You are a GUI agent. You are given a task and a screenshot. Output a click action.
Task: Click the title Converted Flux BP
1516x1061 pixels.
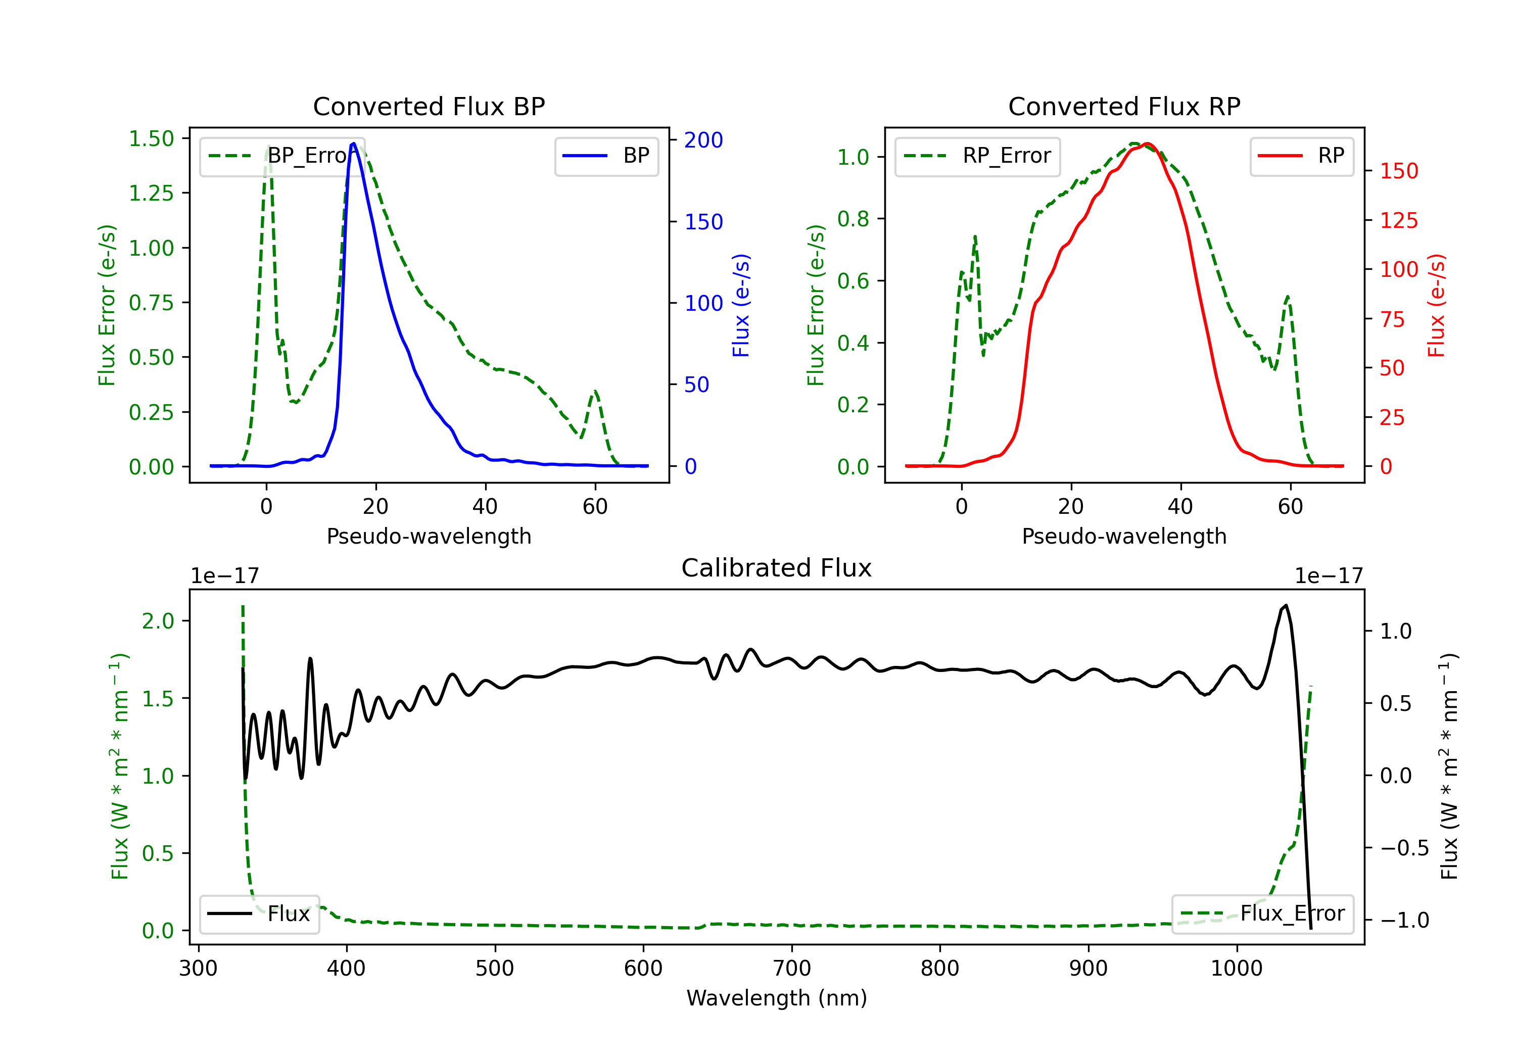click(429, 106)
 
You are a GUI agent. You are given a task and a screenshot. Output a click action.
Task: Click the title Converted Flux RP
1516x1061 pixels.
click(1124, 106)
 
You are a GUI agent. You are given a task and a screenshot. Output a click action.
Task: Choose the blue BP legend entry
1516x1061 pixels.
click(606, 156)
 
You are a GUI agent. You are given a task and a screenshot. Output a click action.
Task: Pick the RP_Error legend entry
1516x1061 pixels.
click(977, 156)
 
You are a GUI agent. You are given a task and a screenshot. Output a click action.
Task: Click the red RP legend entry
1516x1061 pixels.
click(1301, 156)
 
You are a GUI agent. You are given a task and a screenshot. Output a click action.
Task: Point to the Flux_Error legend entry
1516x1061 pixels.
click(1262, 914)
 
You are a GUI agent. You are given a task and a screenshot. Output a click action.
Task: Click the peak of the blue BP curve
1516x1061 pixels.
click(354, 143)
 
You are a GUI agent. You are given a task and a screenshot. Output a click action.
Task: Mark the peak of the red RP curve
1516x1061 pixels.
click(1148, 144)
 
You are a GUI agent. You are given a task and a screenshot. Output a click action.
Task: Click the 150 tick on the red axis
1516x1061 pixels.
click(1398, 171)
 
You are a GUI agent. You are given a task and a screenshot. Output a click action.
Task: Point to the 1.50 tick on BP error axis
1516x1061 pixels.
click(151, 138)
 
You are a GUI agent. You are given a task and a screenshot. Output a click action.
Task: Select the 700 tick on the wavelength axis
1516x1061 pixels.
click(792, 969)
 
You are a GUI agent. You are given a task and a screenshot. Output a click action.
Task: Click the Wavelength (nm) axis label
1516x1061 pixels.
click(777, 998)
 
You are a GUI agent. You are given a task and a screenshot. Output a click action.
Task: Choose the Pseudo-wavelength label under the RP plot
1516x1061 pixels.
click(1124, 536)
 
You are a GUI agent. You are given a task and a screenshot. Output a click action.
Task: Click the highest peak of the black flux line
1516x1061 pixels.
click(1286, 605)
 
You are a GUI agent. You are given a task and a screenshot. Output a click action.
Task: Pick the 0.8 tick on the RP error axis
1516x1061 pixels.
click(852, 219)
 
